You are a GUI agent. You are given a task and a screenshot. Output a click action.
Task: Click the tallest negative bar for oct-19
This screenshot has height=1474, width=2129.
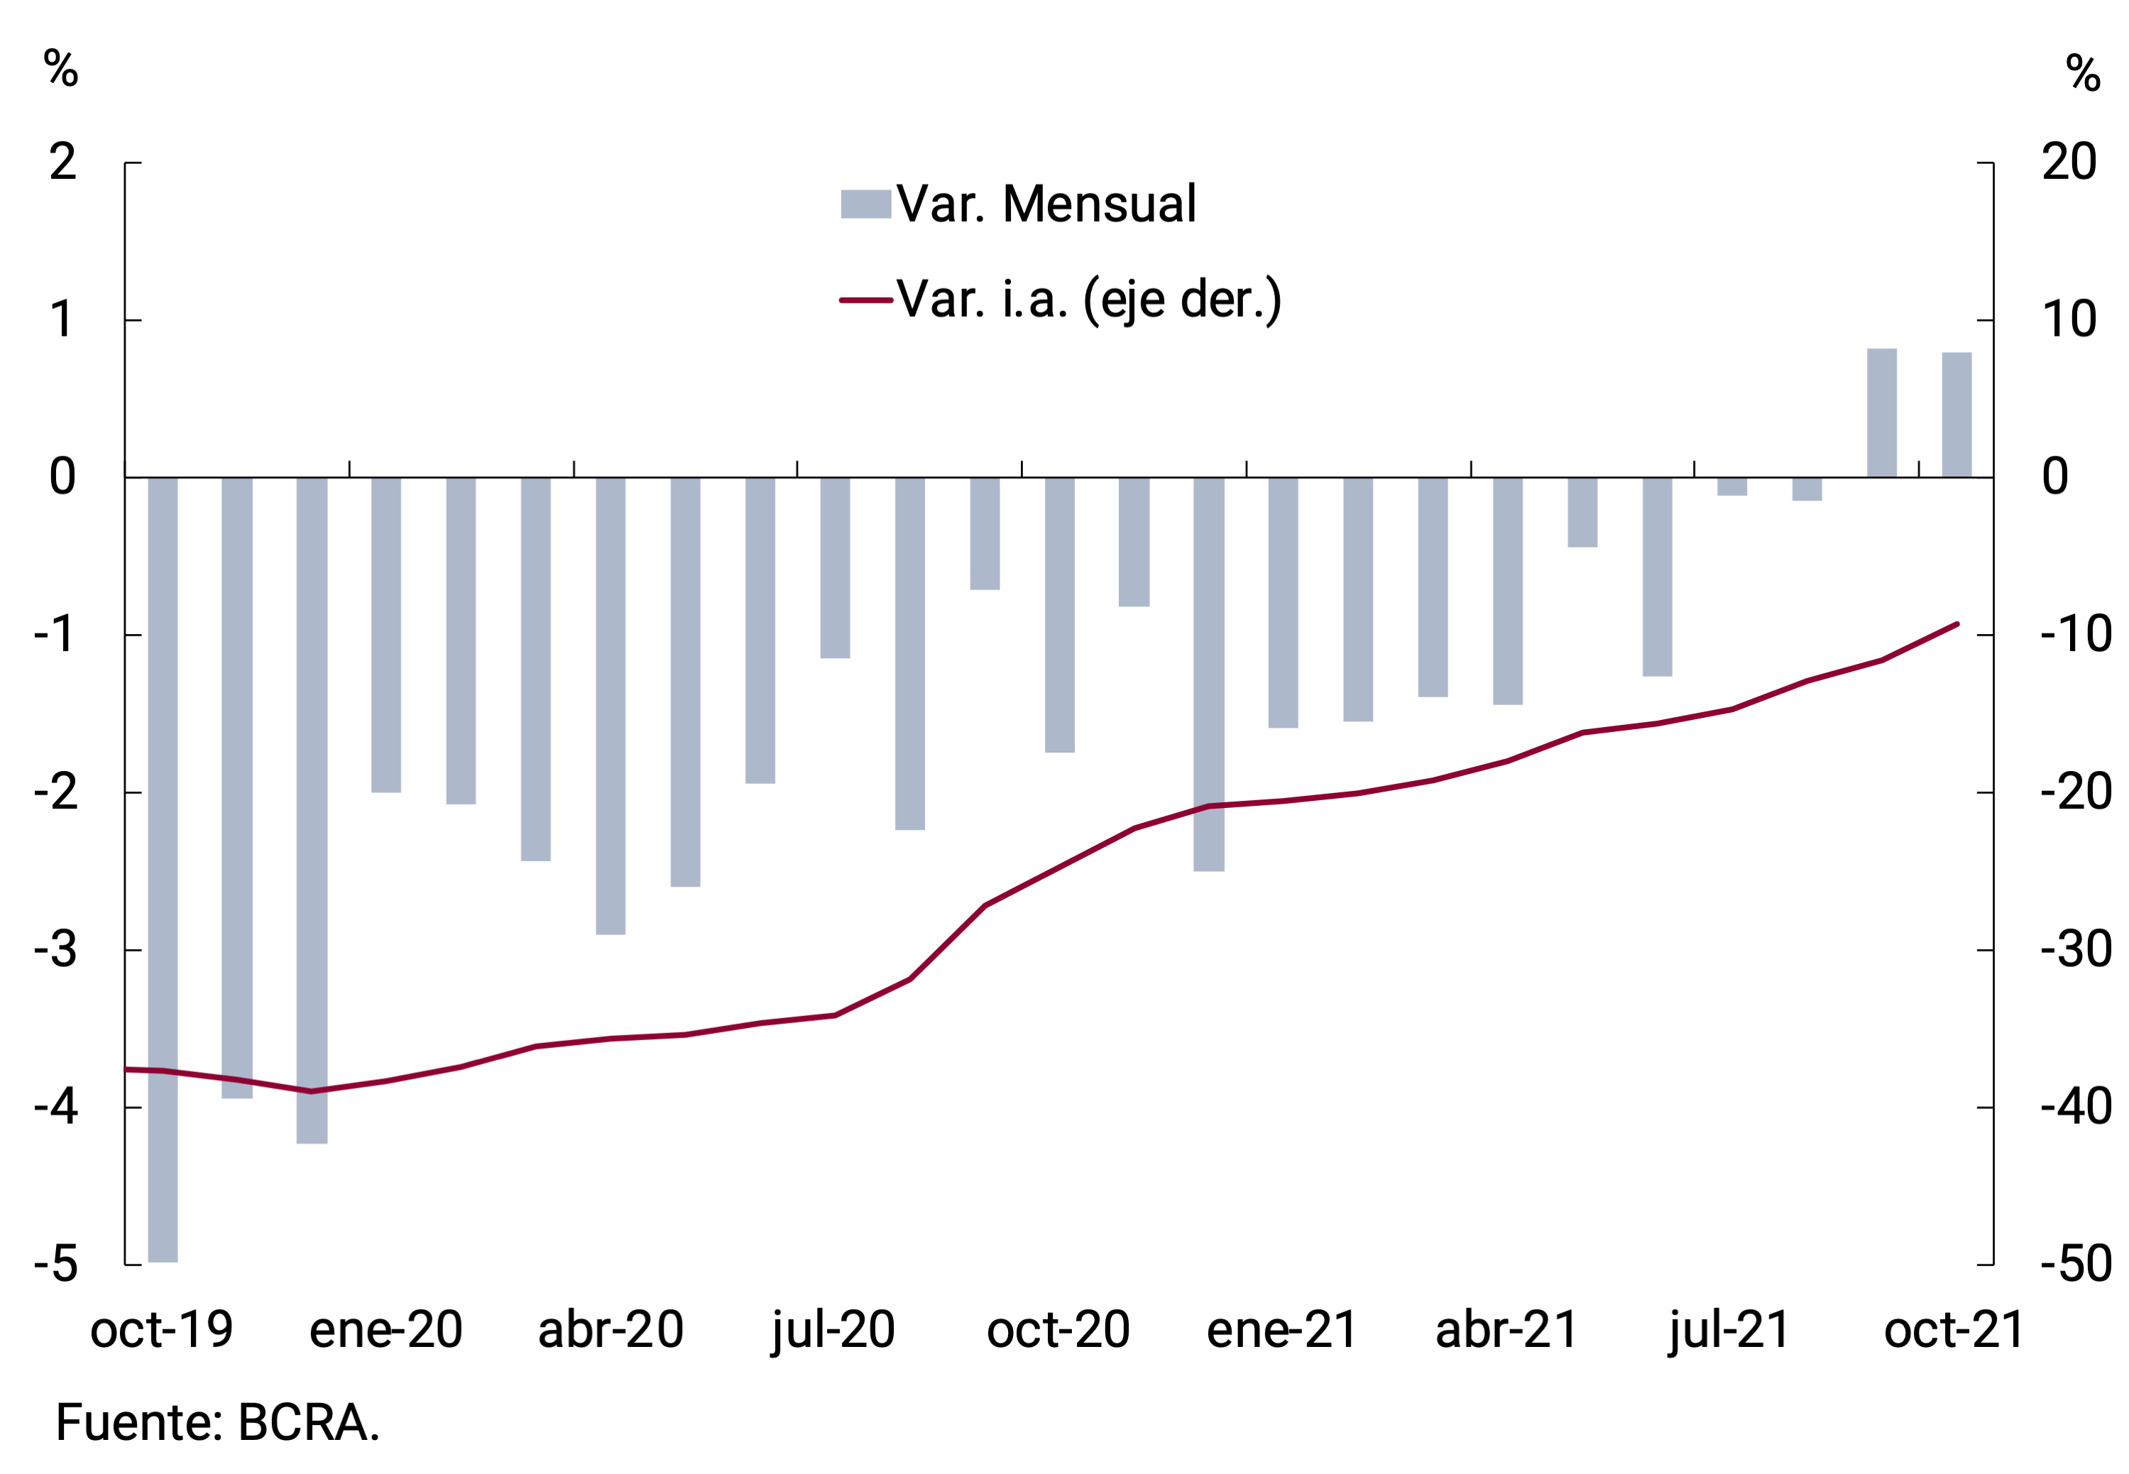163,868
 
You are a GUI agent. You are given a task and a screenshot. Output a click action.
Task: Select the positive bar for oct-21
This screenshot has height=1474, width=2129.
1956,415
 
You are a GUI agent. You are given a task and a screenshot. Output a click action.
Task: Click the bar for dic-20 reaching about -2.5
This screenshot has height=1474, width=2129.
1208,675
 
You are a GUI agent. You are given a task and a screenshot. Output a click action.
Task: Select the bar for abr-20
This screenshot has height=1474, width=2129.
611,706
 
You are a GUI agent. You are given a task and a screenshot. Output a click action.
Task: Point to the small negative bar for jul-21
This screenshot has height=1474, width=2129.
1732,486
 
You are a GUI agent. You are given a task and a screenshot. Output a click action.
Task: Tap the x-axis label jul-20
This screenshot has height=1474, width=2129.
833,1330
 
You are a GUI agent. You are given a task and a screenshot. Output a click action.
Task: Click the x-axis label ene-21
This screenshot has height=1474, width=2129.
1281,1330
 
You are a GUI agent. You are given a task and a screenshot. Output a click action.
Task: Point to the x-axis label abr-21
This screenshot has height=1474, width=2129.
1506,1330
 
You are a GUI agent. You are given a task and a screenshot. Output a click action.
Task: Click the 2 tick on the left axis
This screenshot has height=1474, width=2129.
62,163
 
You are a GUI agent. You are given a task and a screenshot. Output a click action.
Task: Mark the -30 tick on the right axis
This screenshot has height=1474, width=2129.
2076,949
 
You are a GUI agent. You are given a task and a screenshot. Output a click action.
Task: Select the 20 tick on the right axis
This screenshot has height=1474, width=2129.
2069,163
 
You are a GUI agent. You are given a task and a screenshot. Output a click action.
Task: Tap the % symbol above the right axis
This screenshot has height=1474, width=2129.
2083,73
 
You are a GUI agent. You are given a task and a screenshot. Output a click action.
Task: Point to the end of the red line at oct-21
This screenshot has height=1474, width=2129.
1956,624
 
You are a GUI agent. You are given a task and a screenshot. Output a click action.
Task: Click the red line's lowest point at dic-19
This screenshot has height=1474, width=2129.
311,1091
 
